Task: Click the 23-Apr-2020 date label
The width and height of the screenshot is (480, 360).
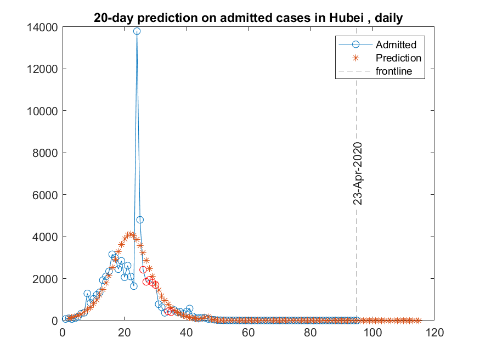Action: click(358, 173)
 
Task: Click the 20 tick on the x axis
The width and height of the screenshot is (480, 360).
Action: click(125, 332)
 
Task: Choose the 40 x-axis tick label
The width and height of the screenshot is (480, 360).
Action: click(187, 332)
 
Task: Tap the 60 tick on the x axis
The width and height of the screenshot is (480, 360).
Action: click(249, 332)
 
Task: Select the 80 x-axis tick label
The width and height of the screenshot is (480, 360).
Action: click(310, 332)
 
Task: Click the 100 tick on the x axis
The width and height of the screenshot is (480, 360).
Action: click(372, 332)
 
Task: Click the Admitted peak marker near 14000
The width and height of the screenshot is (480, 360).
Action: click(137, 31)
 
